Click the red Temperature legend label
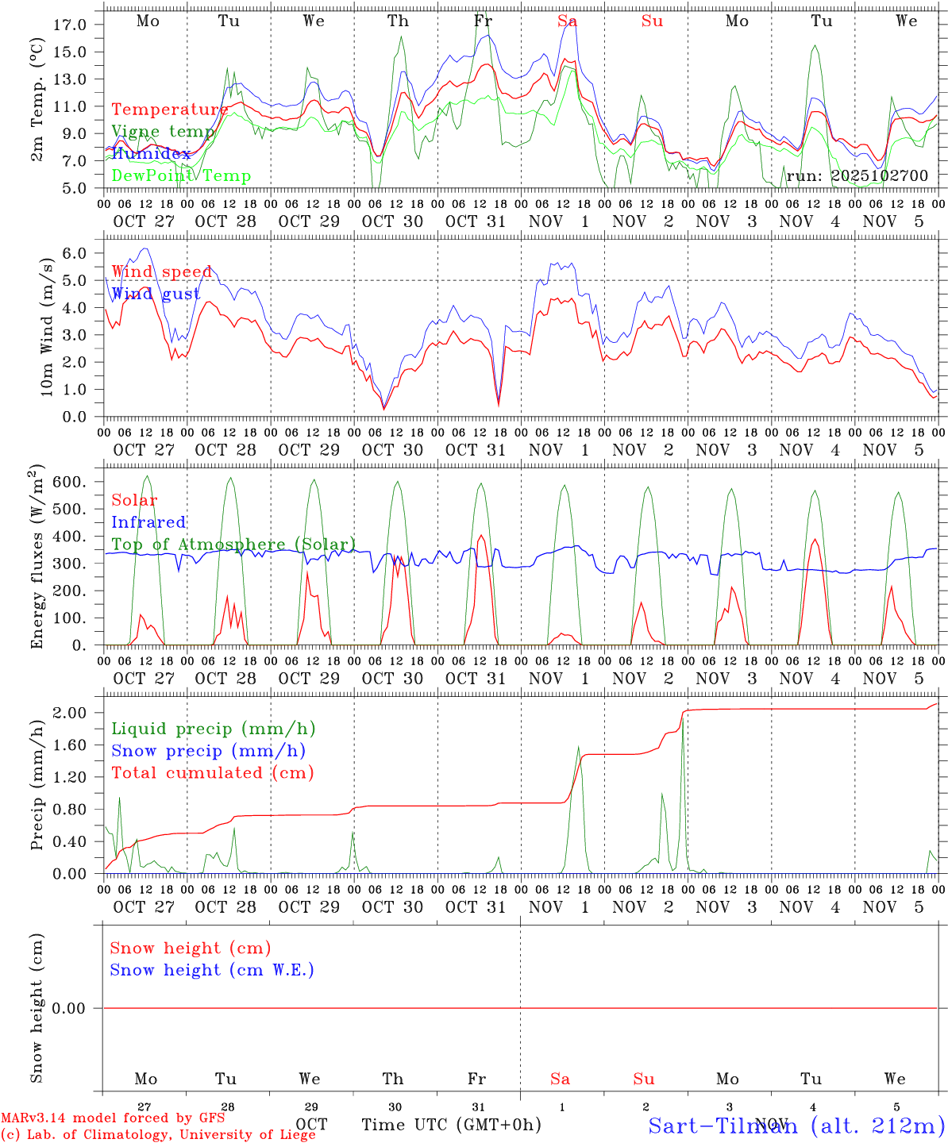(170, 110)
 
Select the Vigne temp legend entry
(163, 131)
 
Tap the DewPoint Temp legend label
(181, 175)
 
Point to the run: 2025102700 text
(857, 175)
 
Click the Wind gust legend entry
(156, 294)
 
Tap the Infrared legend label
(148, 522)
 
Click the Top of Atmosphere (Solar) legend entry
(233, 545)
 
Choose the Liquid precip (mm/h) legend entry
(213, 729)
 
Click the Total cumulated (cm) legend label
(212, 772)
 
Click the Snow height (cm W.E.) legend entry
(211, 970)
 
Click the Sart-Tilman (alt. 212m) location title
(796, 1125)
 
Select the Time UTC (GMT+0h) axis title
(451, 1125)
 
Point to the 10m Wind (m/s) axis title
(46, 327)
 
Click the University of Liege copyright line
(158, 1134)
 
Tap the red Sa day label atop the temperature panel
(567, 21)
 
